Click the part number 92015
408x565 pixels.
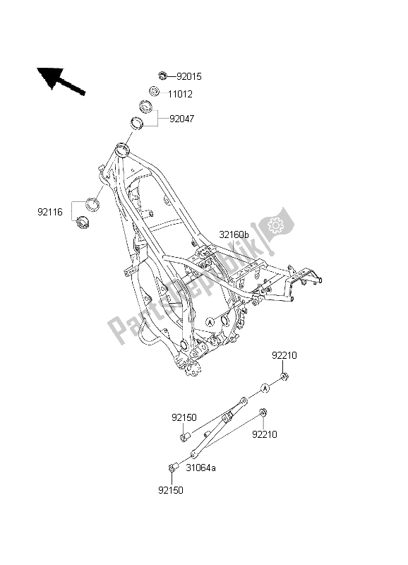pyautogui.click(x=190, y=76)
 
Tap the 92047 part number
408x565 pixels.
pyautogui.click(x=181, y=119)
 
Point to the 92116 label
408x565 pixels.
pyautogui.click(x=51, y=210)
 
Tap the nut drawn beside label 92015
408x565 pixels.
pyautogui.click(x=162, y=75)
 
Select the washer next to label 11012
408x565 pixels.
pyautogui.click(x=153, y=91)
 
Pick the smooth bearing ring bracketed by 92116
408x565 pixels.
pyautogui.click(x=92, y=203)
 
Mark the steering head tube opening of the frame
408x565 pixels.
pyautogui.click(x=122, y=149)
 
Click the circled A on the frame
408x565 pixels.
pyautogui.click(x=210, y=321)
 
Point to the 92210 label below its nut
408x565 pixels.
pyautogui.click(x=265, y=434)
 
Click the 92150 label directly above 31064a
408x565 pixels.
pyautogui.click(x=182, y=419)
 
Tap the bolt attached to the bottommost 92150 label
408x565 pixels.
pyautogui.click(x=172, y=467)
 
